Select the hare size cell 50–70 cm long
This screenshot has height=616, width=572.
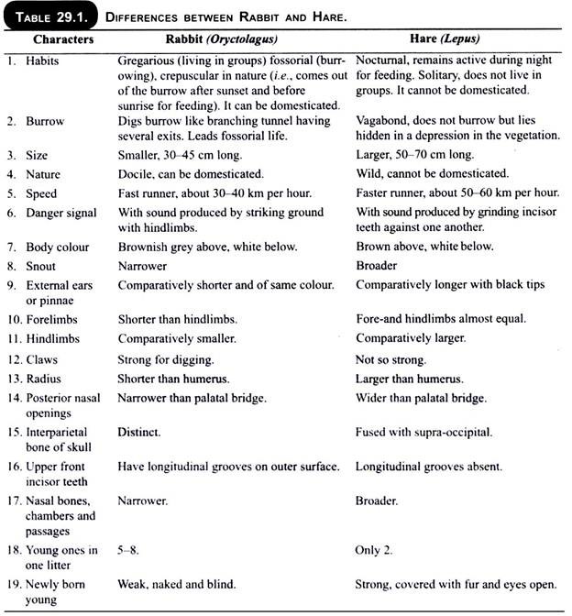click(x=414, y=156)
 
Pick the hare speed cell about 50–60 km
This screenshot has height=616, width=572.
click(x=456, y=193)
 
